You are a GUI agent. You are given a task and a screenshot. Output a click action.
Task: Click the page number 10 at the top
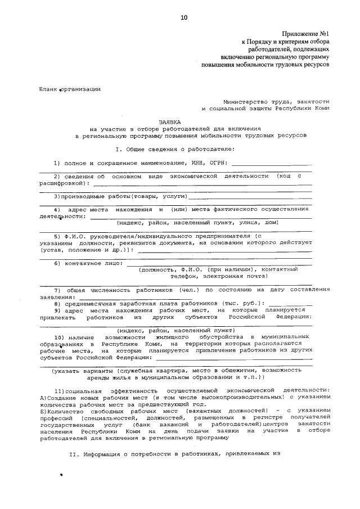pos(184,18)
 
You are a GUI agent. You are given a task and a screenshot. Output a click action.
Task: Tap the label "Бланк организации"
pos(70,89)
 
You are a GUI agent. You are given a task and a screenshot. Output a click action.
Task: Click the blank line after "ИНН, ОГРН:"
pos(271,164)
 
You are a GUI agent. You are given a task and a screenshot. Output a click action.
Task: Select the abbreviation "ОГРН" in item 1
pos(216,163)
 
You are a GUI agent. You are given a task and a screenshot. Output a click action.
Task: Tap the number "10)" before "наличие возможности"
pos(60,336)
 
